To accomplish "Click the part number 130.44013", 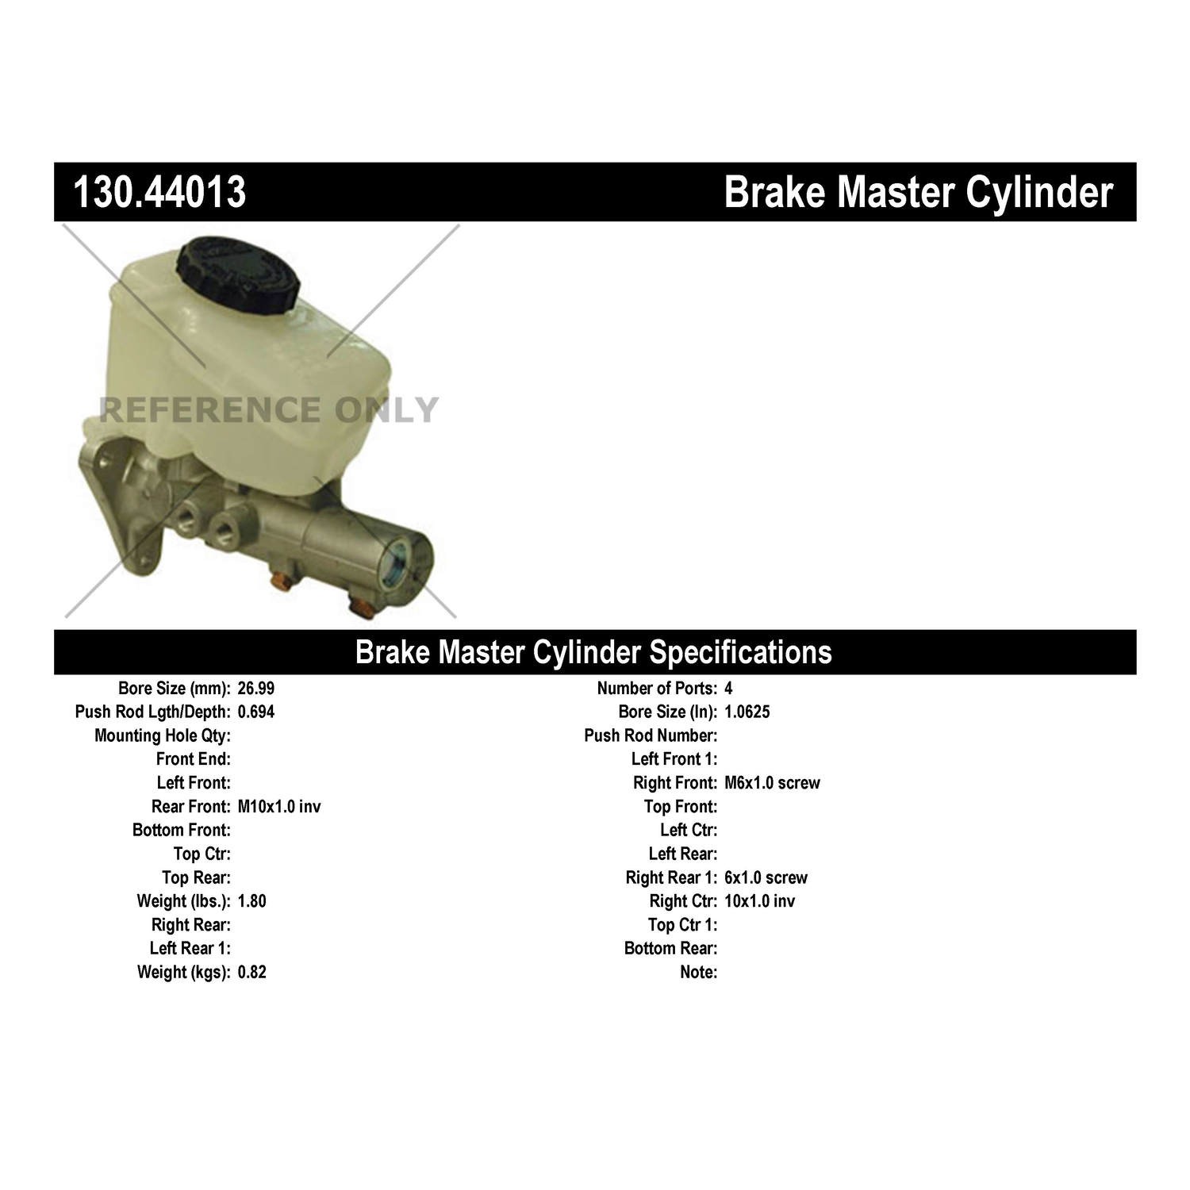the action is (159, 192).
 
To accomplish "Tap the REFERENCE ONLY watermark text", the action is (268, 410).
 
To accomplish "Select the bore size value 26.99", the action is (256, 689).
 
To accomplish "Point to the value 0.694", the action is (256, 712).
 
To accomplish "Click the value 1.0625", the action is (747, 712).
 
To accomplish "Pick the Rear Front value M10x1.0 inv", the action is (279, 807).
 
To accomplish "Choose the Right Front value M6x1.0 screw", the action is (772, 783).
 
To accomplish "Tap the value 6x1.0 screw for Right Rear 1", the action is (766, 878).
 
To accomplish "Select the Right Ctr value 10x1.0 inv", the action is (759, 901).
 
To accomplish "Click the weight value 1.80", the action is (252, 901).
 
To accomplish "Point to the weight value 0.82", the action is (252, 973).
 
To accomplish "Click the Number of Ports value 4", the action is (729, 689).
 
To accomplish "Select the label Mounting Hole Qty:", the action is (163, 736).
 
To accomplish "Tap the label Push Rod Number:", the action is (651, 736).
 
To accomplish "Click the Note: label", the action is (698, 973).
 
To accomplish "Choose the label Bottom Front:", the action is (182, 831).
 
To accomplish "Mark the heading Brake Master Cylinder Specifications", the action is (593, 652).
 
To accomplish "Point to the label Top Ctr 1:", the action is (682, 925).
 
